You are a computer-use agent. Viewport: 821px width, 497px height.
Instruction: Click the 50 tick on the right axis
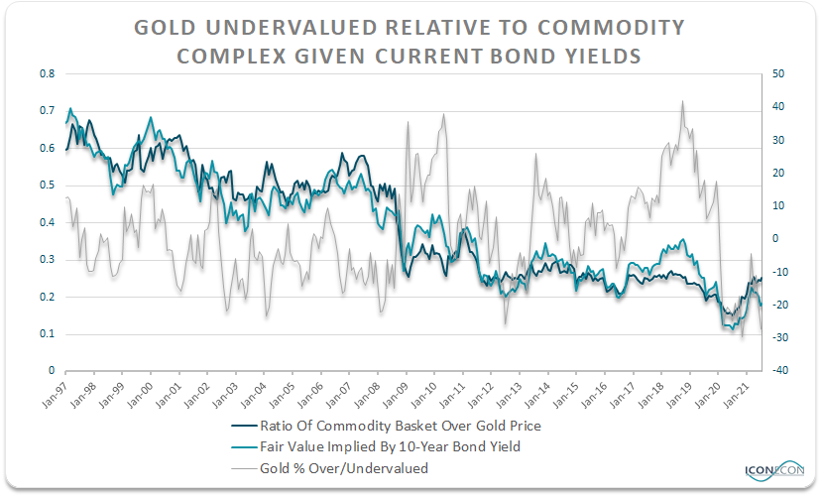click(x=777, y=73)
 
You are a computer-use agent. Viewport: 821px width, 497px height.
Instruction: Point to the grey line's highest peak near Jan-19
click(x=681, y=101)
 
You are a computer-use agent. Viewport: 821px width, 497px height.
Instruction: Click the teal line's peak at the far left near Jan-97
click(x=69, y=108)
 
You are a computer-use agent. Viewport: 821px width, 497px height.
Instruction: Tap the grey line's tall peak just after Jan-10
click(x=442, y=114)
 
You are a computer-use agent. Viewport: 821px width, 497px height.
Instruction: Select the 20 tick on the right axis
click(x=777, y=173)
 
